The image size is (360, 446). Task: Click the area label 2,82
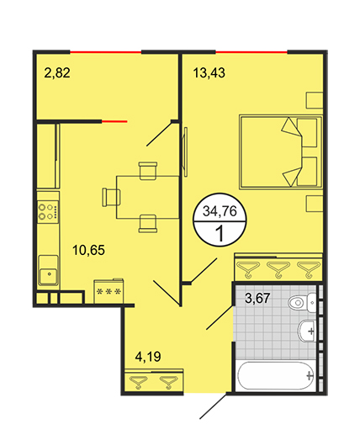[57, 73]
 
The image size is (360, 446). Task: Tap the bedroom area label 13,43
[209, 73]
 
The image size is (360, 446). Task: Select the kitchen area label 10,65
[88, 250]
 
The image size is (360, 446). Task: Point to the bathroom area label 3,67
[257, 298]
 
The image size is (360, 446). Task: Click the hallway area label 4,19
[148, 357]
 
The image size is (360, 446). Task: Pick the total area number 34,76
[220, 211]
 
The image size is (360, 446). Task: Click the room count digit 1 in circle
[220, 234]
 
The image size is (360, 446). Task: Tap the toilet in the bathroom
[302, 302]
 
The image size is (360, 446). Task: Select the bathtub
[276, 375]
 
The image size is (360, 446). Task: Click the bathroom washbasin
[307, 331]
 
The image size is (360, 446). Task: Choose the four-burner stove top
[48, 212]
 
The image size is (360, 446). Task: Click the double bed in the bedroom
[281, 151]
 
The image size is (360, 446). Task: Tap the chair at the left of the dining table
[111, 197]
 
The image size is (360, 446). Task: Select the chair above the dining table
[148, 171]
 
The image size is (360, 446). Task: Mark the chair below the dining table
[148, 224]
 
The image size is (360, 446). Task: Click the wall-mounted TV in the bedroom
[185, 151]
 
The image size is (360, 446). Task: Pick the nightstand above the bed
[315, 100]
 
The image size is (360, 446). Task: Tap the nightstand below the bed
[315, 204]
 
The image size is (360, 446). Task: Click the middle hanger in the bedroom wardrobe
[278, 269]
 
